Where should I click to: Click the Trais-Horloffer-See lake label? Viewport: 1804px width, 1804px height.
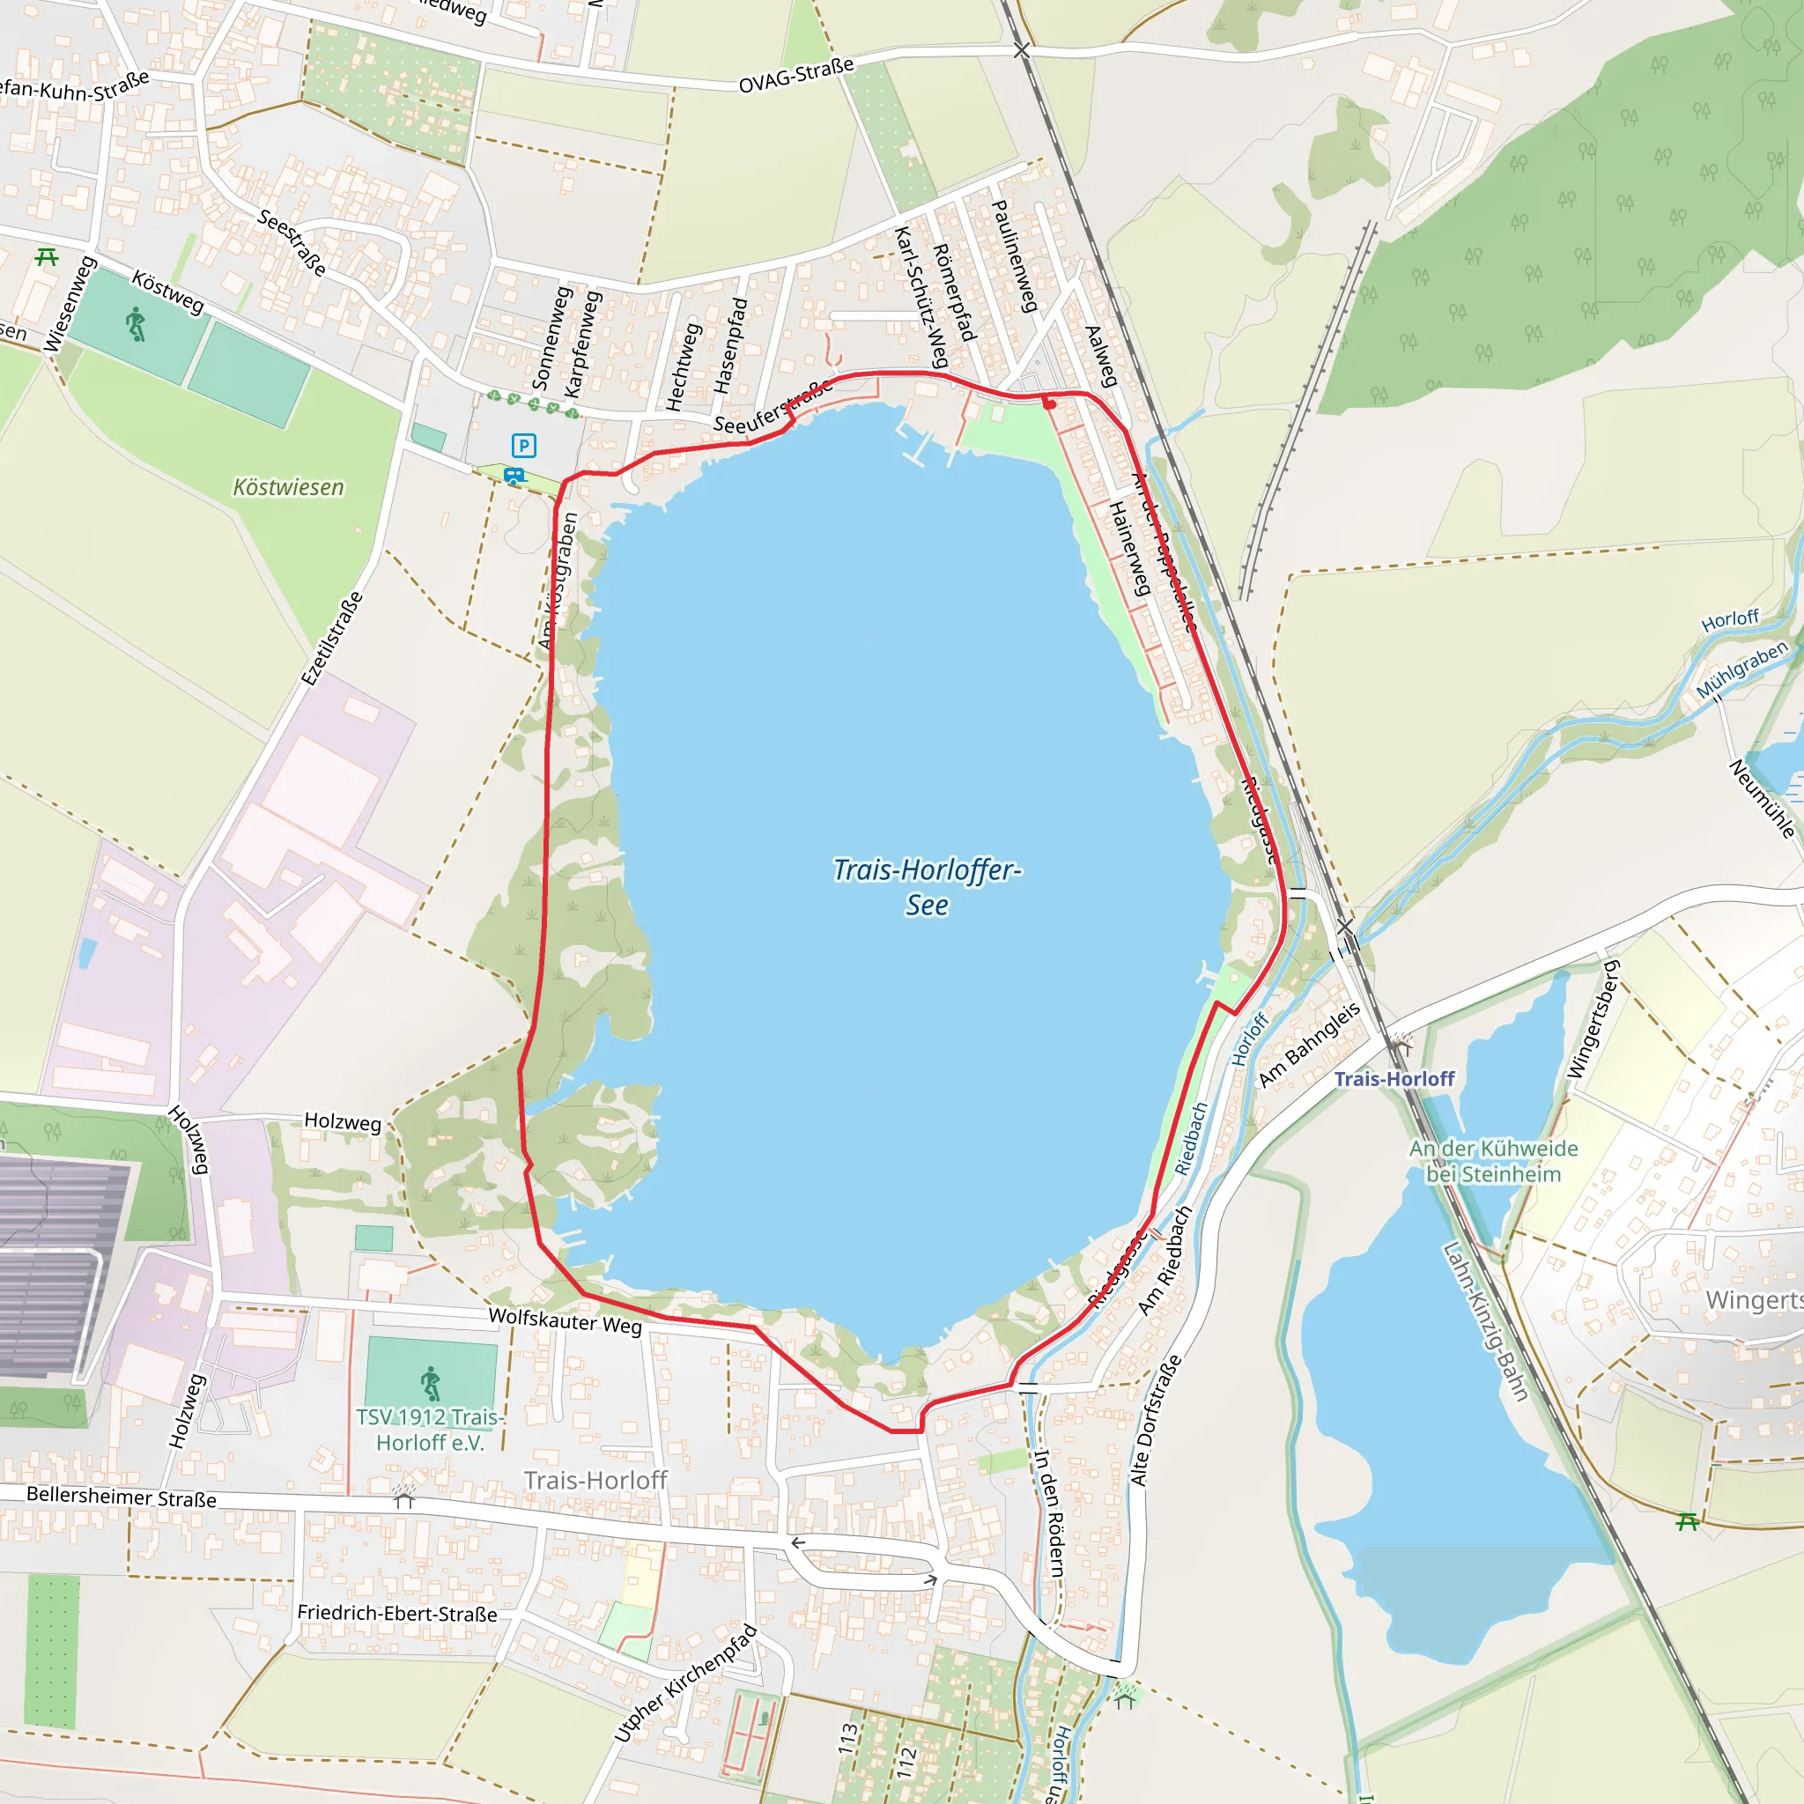click(927, 887)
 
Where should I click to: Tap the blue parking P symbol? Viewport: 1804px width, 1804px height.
click(524, 446)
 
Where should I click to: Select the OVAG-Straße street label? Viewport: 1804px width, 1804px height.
click(795, 76)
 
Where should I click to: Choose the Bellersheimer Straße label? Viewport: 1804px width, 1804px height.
click(122, 1496)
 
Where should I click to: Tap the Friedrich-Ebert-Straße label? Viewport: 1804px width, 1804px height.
click(397, 1614)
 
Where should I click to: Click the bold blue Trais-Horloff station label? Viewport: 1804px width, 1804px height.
click(1394, 1079)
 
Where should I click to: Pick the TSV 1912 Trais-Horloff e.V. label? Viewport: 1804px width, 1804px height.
click(430, 1430)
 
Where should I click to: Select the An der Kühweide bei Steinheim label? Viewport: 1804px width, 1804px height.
click(1493, 1161)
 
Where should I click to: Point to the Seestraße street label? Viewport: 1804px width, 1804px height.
click(292, 243)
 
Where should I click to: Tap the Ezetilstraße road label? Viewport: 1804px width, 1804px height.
click(332, 639)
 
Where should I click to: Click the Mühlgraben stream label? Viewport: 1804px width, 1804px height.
click(1741, 669)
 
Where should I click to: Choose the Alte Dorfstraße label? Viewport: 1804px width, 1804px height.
click(1155, 1420)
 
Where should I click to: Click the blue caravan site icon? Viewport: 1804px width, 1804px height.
click(514, 476)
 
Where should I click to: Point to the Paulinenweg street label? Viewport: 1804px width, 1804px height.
click(1014, 255)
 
